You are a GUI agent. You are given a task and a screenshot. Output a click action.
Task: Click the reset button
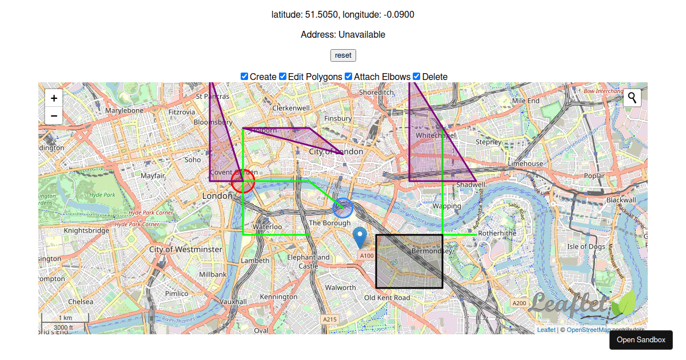coord(343,55)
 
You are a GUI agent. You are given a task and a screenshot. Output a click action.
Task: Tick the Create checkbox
coord(245,77)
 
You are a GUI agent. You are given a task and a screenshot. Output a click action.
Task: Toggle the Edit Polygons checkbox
coord(283,77)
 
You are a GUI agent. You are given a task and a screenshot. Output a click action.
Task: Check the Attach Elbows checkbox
coord(349,77)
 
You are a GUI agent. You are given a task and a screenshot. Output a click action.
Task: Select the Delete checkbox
coord(417,77)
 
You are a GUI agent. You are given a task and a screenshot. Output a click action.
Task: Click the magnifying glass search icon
coord(632,98)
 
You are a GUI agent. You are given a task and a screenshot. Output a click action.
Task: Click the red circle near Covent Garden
coord(243,182)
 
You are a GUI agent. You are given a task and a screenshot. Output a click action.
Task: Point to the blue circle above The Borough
coord(343,208)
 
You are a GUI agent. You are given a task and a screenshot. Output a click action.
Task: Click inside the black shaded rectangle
coord(409,261)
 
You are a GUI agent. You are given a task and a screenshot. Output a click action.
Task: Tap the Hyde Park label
coord(102,195)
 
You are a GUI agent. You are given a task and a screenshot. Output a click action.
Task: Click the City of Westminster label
coord(185,250)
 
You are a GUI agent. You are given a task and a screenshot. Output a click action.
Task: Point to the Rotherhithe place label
coord(497,233)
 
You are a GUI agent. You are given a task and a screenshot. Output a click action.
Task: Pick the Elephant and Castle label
coord(309,262)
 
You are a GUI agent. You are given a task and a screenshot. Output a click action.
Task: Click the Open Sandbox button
coord(641,340)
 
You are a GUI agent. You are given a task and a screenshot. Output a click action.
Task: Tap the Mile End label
coord(526,101)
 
